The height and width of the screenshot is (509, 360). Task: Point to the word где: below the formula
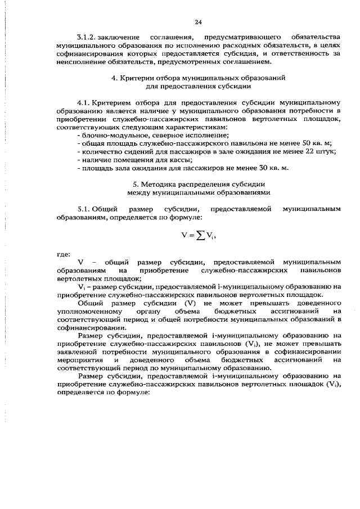(64, 254)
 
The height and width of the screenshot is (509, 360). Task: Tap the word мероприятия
(79, 359)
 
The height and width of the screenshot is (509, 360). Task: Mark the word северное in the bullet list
(161, 136)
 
